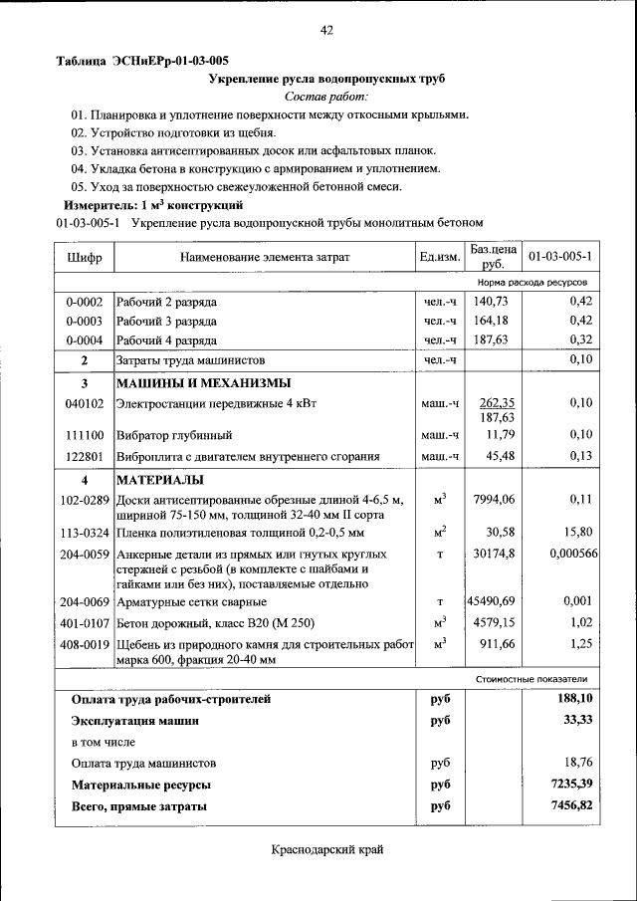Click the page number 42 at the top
326,30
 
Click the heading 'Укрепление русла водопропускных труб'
326,78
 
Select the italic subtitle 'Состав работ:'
326,97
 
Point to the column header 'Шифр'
84,257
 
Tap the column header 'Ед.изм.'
439,257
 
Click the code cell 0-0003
84,320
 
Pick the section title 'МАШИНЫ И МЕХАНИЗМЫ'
203,383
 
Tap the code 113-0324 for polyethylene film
84,532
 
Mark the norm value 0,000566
572,553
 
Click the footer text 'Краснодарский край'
326,848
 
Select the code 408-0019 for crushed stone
84,644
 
